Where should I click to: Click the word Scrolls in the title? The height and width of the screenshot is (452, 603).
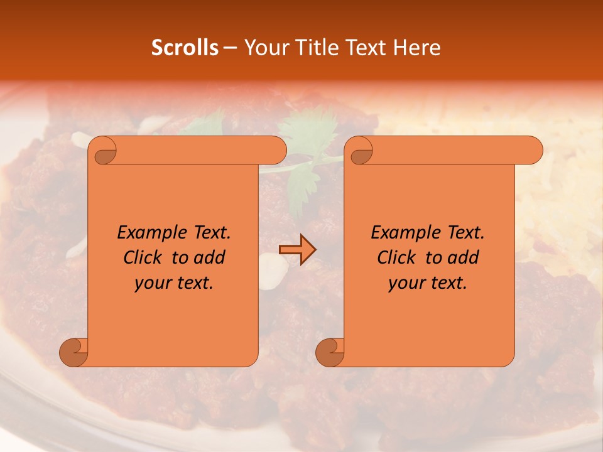185,48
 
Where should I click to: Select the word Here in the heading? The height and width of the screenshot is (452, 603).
417,48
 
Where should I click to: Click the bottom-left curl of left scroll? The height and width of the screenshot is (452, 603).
73,352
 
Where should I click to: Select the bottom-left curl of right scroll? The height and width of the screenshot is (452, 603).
330,352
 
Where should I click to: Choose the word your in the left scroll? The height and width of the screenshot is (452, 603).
151,283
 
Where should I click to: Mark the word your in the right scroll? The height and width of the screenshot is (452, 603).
405,283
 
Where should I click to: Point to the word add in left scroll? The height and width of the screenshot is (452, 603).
210,258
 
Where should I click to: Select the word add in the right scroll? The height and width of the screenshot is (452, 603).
464,258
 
